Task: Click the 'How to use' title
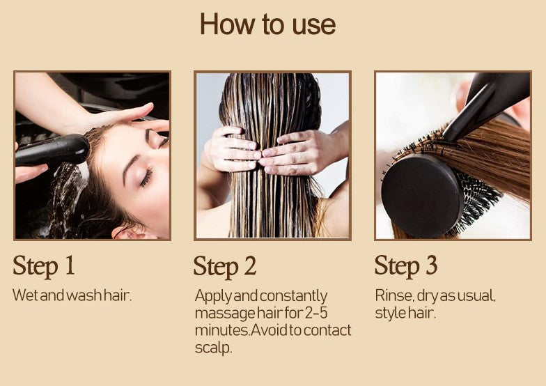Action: click(267, 24)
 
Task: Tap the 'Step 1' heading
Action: click(44, 266)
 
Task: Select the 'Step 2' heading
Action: click(225, 267)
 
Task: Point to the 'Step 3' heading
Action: click(405, 266)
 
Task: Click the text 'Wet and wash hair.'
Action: click(72, 295)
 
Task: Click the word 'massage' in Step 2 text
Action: click(225, 313)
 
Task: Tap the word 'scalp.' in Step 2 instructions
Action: click(213, 347)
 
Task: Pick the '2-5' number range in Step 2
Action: click(316, 312)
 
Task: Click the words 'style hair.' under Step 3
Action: click(405, 313)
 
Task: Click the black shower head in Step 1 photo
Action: click(52, 149)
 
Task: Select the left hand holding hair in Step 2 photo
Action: click(231, 149)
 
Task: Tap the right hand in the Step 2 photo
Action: click(299, 153)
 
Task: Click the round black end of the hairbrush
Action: click(422, 195)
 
